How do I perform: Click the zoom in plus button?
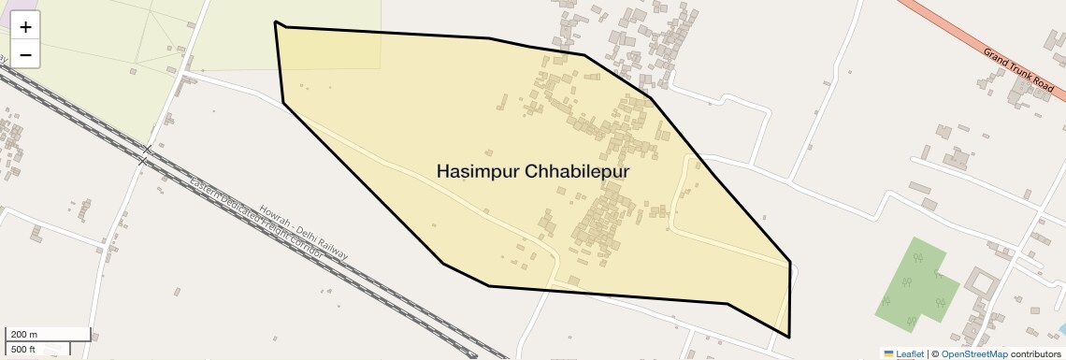25,27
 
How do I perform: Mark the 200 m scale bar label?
23,334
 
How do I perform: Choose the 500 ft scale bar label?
23,349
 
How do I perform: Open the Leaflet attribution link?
910,353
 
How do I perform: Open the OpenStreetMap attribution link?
973,353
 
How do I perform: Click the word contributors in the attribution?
1035,353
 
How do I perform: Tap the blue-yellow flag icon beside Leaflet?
889,353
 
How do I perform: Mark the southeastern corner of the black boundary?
789,337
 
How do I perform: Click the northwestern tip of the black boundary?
275,22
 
